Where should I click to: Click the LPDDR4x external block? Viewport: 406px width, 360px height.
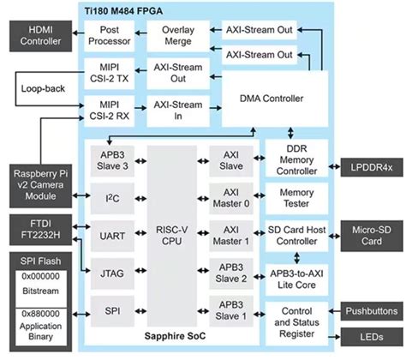tap(372, 166)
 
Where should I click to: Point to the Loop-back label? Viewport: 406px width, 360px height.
tap(41, 87)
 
